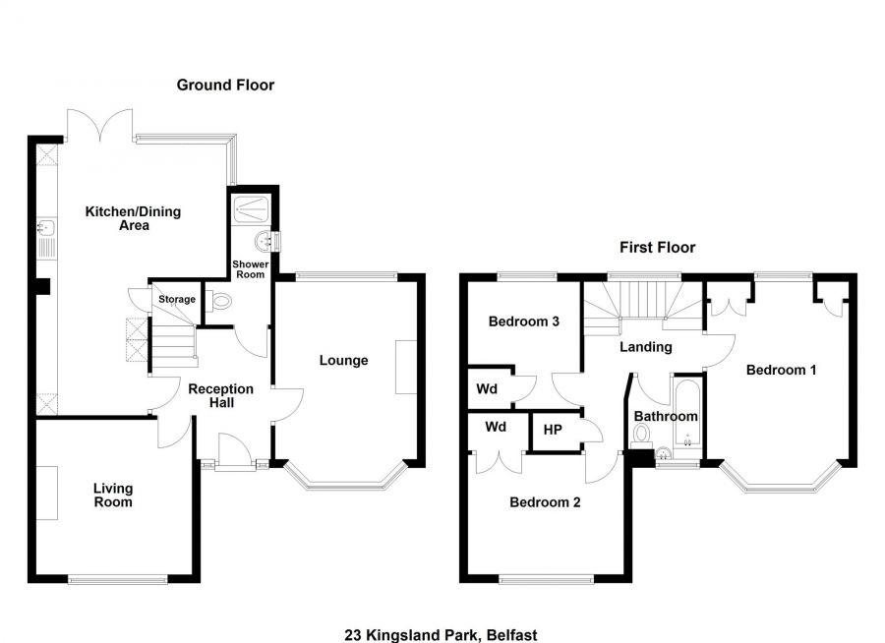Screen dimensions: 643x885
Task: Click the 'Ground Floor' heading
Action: (x=225, y=86)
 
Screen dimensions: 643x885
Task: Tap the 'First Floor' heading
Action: (x=657, y=248)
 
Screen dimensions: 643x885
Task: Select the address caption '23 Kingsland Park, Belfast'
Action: (x=442, y=635)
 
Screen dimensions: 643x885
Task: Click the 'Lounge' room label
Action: (x=343, y=361)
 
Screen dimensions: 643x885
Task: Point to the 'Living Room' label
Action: (x=113, y=495)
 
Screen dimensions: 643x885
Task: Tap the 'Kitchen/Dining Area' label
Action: (x=133, y=218)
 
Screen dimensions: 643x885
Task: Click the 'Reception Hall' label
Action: (x=221, y=395)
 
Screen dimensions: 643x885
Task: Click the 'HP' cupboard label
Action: (x=553, y=429)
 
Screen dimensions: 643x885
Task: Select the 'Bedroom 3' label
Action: (x=524, y=321)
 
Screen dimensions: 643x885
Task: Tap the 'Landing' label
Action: (x=645, y=347)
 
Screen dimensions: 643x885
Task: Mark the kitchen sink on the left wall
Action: (x=46, y=237)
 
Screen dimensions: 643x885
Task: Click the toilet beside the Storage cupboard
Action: (x=220, y=303)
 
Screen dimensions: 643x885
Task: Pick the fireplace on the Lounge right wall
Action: (x=405, y=367)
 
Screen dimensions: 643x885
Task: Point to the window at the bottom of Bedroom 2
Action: (x=546, y=578)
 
